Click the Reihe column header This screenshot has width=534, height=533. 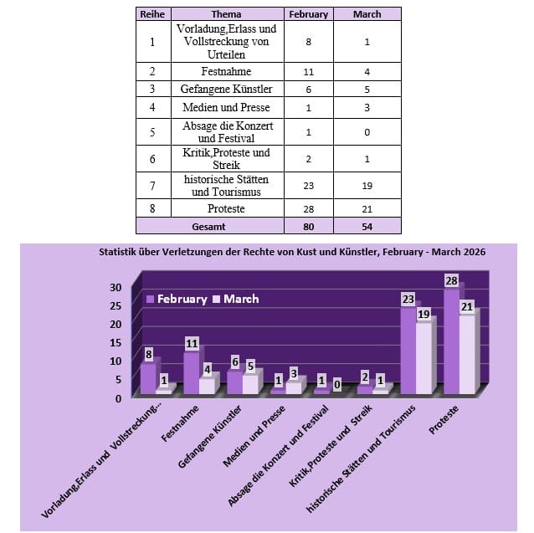(151, 14)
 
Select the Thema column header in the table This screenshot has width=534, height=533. (226, 14)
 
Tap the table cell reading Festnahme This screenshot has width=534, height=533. (226, 72)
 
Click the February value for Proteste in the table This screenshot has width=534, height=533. (309, 208)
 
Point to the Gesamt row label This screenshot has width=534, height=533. (209, 226)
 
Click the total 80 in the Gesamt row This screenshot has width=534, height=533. (309, 226)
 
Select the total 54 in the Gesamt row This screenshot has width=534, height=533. (367, 226)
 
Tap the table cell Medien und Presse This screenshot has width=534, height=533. (226, 108)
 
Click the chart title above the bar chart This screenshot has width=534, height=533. (292, 251)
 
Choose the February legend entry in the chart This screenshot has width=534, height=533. (177, 299)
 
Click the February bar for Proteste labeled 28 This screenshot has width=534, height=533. (451, 339)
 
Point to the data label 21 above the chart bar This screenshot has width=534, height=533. (467, 306)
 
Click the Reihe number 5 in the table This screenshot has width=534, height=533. (151, 132)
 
